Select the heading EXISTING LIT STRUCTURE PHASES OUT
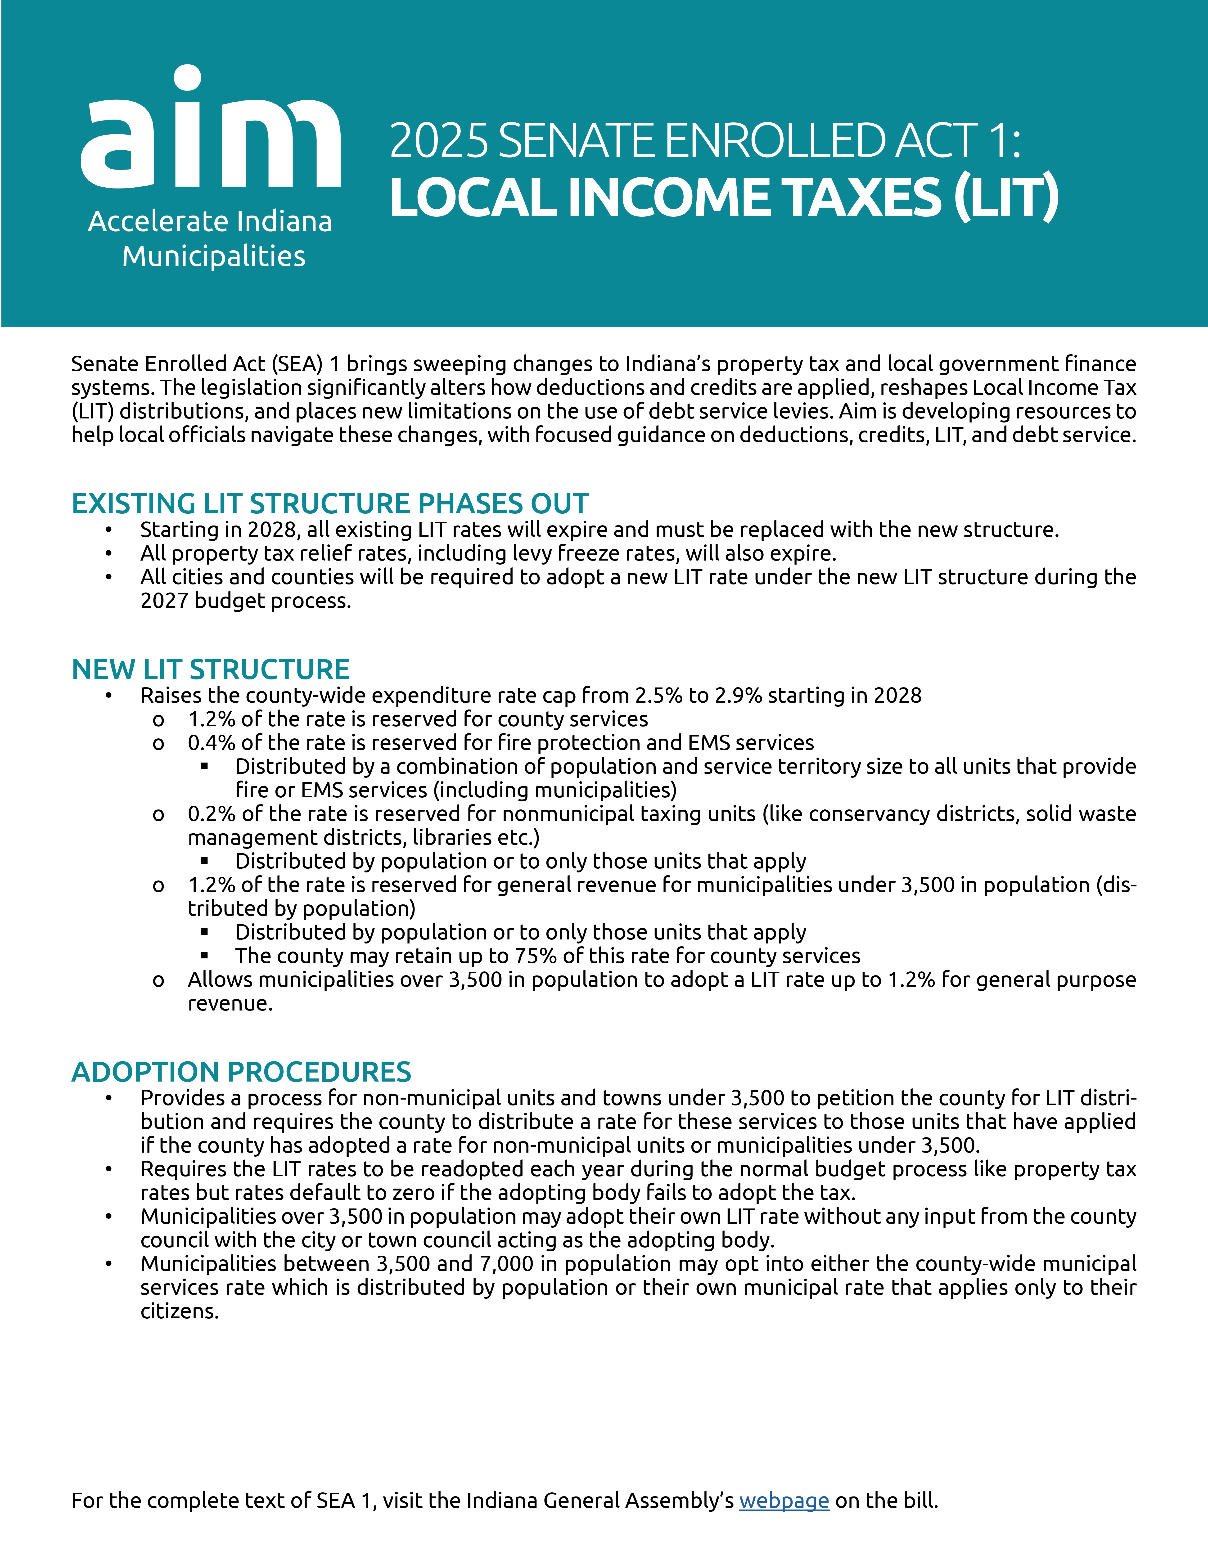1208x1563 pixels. coord(330,504)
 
